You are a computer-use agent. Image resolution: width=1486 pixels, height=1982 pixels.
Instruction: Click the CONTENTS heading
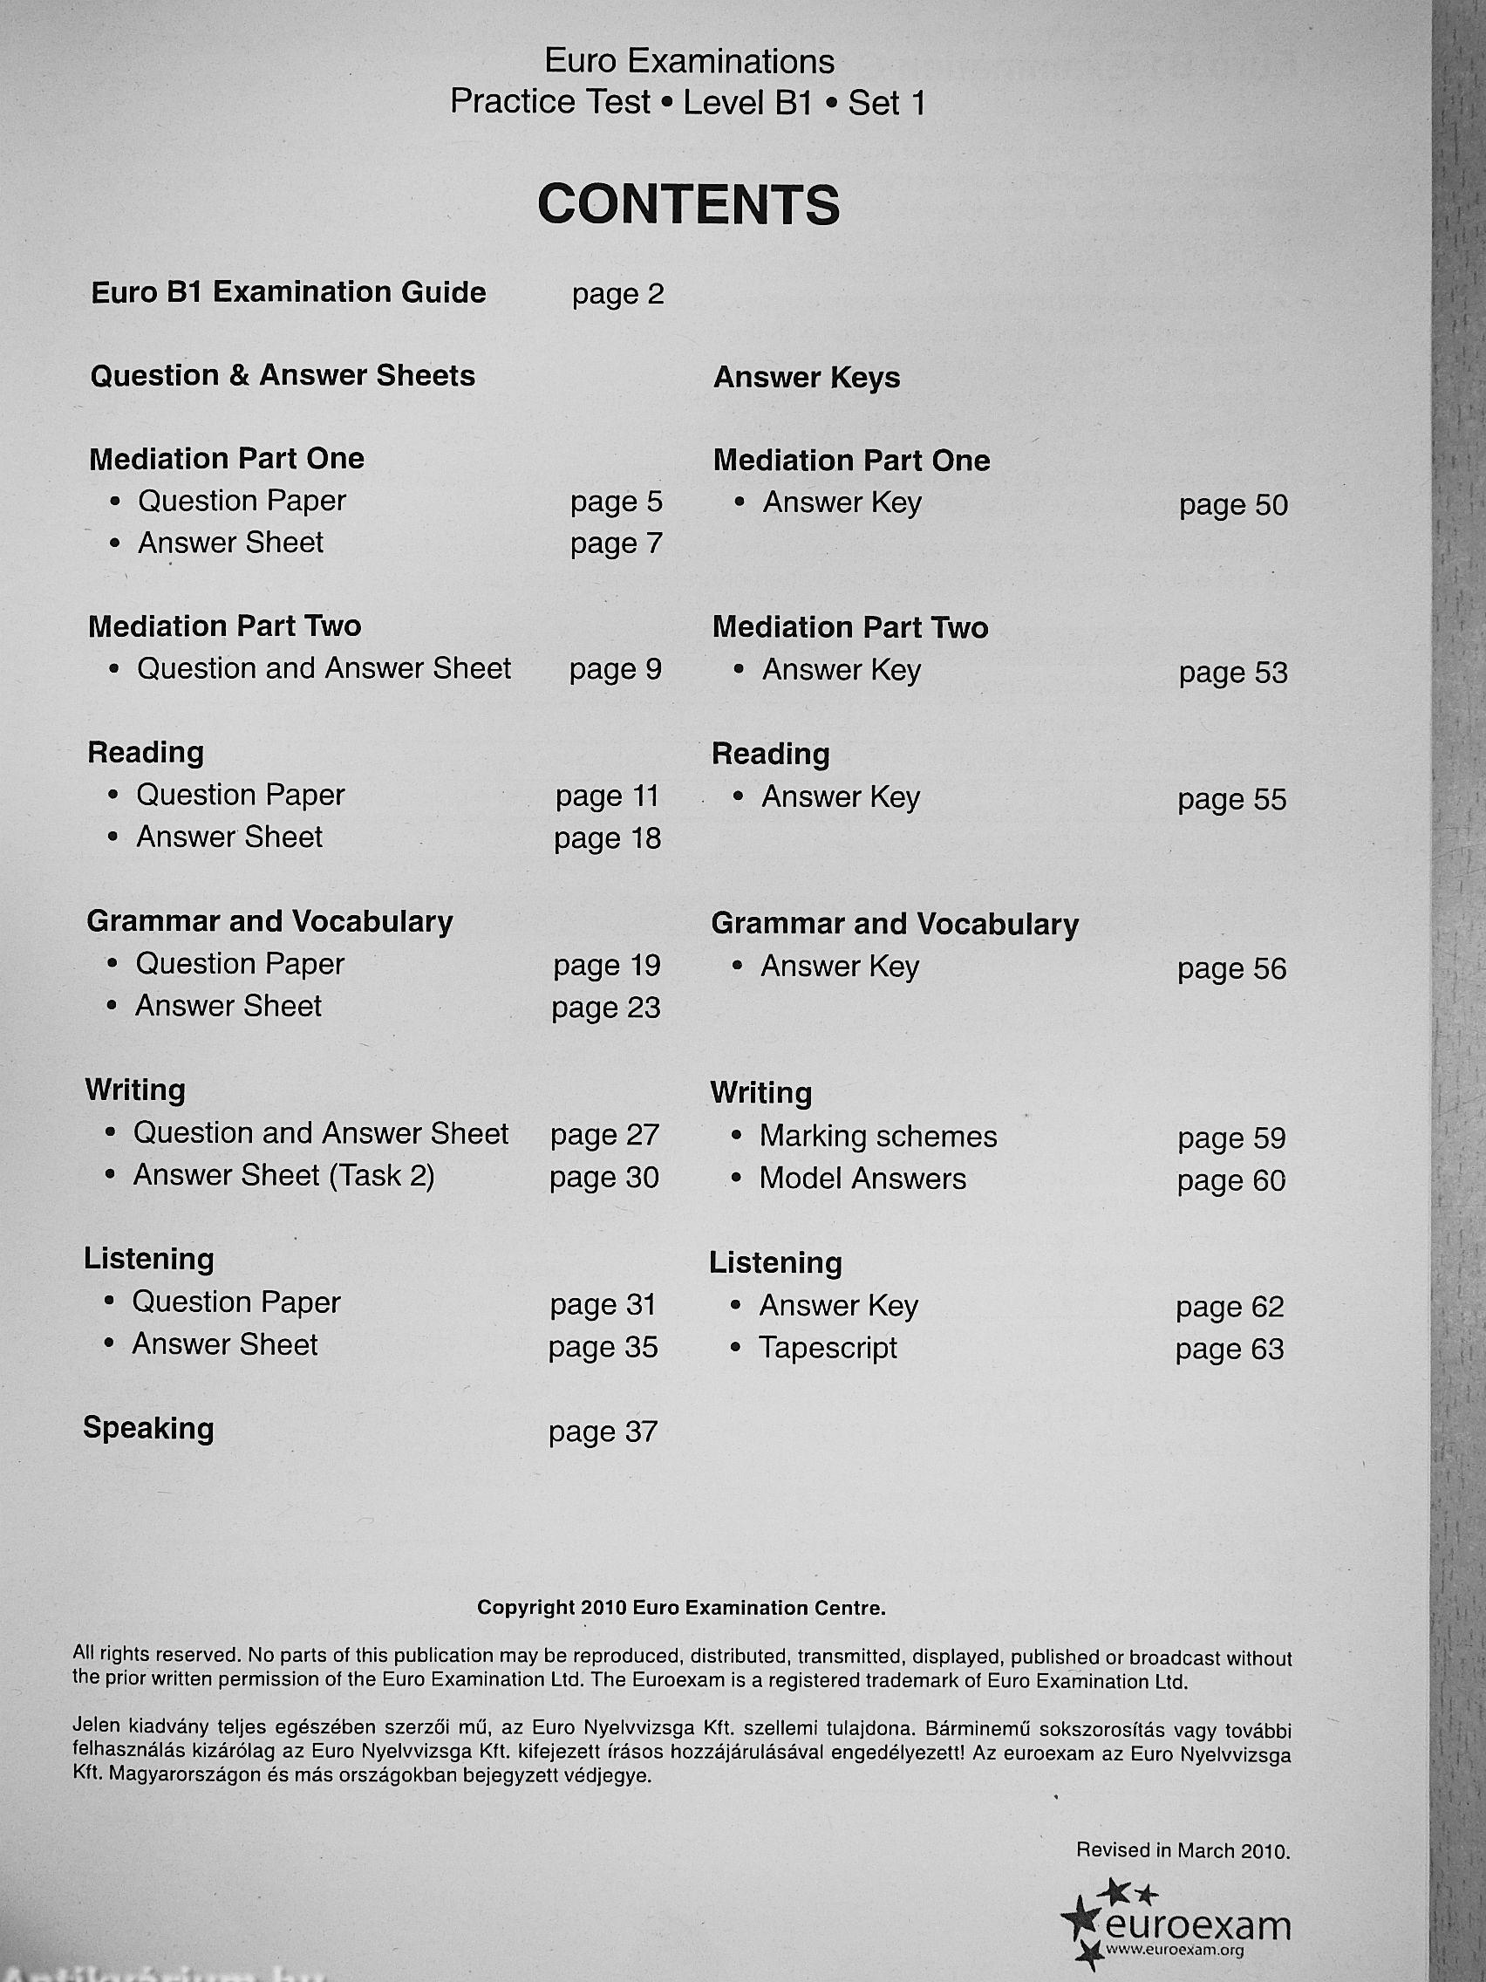coord(688,205)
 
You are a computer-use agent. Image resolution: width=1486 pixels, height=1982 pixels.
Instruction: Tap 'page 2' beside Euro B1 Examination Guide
coord(618,295)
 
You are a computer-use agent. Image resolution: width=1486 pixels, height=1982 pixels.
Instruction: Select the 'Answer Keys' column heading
coord(806,378)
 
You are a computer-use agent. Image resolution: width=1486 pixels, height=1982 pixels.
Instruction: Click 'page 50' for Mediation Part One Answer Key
coord(1232,505)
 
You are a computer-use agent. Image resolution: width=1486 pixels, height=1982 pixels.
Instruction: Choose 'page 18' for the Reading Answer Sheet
coord(607,838)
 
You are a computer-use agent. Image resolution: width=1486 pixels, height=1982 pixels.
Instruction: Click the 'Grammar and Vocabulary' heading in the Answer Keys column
coord(894,924)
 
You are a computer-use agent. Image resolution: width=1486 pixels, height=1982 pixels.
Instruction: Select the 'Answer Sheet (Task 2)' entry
coord(284,1176)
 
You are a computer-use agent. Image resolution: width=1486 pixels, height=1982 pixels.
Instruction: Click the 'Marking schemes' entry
coord(878,1137)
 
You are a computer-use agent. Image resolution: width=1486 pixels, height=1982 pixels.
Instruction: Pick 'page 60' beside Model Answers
coord(1230,1181)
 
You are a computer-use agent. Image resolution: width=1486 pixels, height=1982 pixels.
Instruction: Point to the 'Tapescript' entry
coord(828,1348)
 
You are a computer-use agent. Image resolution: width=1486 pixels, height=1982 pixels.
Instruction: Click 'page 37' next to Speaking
coord(603,1432)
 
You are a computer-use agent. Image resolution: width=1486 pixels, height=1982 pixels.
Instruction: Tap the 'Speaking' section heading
coord(149,1428)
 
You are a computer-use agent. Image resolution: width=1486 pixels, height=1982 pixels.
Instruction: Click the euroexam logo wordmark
coord(1198,1924)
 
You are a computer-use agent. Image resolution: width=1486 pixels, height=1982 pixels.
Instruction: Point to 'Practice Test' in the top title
coord(550,102)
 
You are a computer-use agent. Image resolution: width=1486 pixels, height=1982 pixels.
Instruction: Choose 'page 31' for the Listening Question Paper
coord(603,1304)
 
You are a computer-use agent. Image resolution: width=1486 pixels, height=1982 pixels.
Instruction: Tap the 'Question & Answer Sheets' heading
coord(283,375)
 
